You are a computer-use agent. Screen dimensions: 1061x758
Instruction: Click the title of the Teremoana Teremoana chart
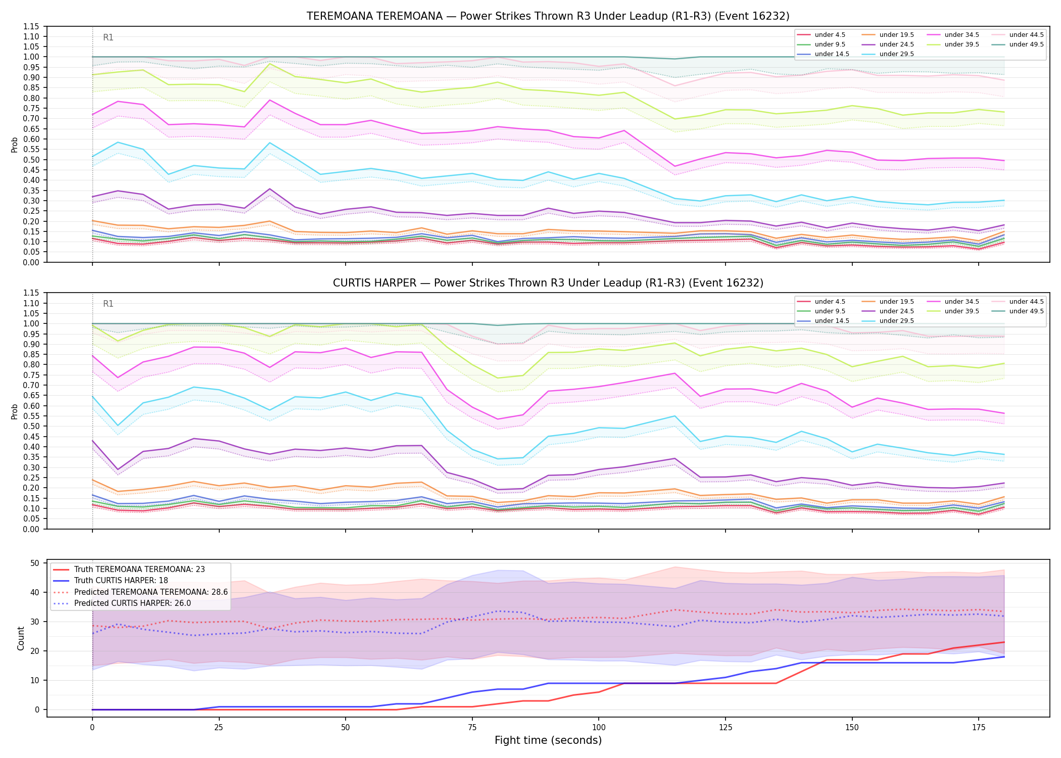(548, 16)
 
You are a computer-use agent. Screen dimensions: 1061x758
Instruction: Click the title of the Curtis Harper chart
(548, 283)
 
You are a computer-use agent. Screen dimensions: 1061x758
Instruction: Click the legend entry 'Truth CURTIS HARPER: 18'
(121, 581)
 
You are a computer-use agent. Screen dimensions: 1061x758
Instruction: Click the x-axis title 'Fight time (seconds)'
(548, 740)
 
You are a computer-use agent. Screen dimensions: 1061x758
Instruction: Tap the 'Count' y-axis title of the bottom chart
(21, 638)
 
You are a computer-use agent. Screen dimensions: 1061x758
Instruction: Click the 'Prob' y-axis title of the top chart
(15, 145)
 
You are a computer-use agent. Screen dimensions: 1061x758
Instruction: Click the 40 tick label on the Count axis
(35, 592)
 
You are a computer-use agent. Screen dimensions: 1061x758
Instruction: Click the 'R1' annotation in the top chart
(108, 37)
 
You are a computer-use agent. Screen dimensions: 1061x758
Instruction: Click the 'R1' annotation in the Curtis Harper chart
(108, 304)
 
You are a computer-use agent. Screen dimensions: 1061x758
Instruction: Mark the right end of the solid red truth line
(1004, 642)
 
